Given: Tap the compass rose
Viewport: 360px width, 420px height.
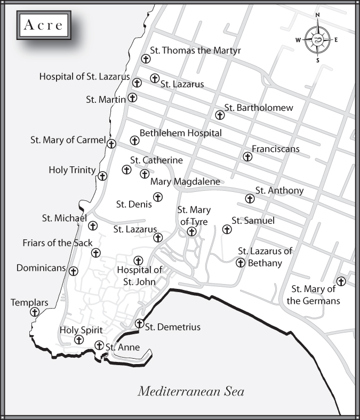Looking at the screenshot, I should [x=317, y=40].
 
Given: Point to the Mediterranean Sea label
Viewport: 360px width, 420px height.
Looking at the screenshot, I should [x=191, y=392].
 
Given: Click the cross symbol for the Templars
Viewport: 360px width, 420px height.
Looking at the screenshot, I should [x=35, y=312].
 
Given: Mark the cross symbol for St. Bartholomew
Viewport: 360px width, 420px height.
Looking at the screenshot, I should [x=219, y=115].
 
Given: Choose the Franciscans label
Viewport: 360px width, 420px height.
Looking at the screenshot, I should [x=276, y=149].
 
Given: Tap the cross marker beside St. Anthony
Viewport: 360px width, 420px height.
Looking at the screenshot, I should [x=249, y=199].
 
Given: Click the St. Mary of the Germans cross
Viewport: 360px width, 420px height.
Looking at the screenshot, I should [x=340, y=281].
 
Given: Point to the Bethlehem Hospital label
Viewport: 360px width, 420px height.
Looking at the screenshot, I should [x=180, y=133].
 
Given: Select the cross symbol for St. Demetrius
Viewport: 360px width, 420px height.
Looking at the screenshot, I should [x=139, y=324].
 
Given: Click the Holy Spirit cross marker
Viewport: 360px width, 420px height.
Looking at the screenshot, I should [x=79, y=340].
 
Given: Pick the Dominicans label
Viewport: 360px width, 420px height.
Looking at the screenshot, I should [x=41, y=268].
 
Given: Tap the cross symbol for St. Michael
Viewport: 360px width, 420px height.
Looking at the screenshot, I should [x=92, y=226].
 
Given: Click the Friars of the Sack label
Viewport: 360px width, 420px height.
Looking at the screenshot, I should [x=54, y=243].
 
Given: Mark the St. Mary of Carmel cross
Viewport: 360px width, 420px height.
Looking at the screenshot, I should [x=111, y=143].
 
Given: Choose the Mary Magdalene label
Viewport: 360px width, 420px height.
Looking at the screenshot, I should [x=185, y=182].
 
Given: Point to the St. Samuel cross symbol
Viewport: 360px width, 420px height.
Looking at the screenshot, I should [x=226, y=229].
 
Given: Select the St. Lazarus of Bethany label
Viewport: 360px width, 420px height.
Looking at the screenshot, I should [x=265, y=256].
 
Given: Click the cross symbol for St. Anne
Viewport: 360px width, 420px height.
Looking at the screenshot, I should [x=99, y=345].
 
